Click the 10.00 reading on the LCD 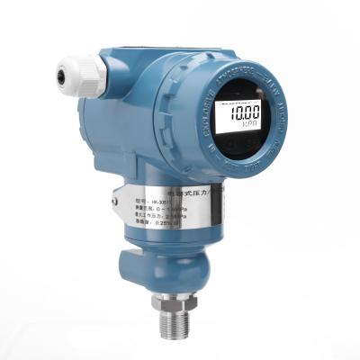coord(243,112)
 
